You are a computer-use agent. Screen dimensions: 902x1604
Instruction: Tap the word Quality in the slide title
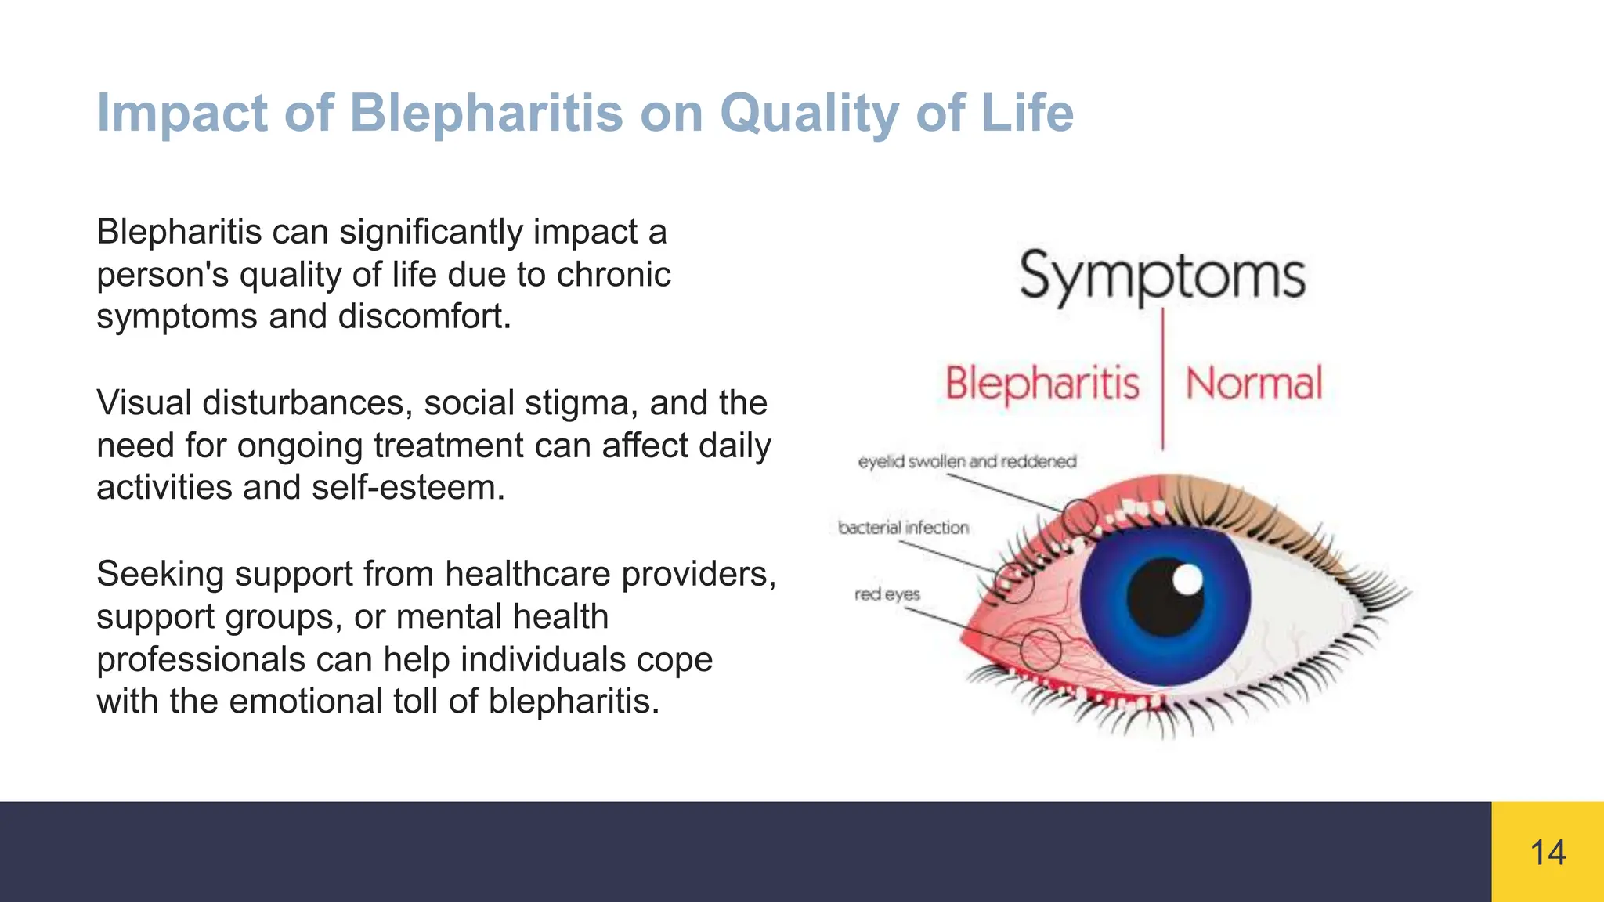point(808,114)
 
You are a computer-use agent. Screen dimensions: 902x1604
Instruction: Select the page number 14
point(1548,853)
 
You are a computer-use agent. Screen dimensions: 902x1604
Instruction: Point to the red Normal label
point(1254,384)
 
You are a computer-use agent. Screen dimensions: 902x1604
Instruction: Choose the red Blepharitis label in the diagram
point(1042,384)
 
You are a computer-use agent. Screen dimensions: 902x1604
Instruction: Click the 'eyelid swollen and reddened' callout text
point(967,462)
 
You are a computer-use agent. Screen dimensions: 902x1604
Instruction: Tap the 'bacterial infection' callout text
point(903,528)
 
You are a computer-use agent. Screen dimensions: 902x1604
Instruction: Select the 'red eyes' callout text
point(887,594)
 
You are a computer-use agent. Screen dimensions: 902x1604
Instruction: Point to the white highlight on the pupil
point(1188,580)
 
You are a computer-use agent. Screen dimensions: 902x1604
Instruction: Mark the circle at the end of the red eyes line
point(1041,649)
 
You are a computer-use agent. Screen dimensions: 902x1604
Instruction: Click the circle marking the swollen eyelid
point(1081,518)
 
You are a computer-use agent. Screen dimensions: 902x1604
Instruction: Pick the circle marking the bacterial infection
point(1015,583)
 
